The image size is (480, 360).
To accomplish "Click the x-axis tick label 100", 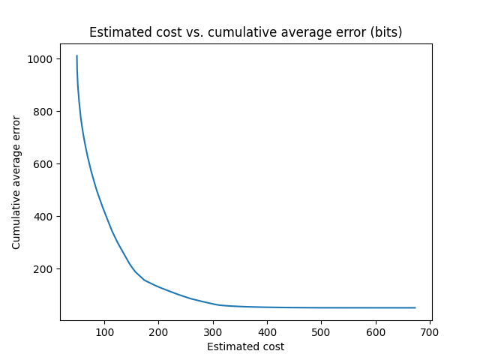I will tap(104, 331).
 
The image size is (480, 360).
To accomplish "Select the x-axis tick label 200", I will tap(158, 331).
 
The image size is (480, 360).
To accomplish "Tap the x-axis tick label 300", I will tap(213, 331).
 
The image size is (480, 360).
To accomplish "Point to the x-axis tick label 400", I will tap(267, 331).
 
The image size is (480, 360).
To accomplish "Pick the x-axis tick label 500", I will tap(321, 331).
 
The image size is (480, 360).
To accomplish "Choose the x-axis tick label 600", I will tap(376, 331).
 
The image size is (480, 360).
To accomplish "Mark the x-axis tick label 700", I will tap(430, 331).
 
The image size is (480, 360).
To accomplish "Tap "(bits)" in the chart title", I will tap(387, 32).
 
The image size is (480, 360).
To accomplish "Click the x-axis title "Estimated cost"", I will tap(245, 346).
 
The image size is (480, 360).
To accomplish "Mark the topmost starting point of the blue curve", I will tap(76, 55).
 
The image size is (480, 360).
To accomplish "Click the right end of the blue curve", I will tap(415, 307).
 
